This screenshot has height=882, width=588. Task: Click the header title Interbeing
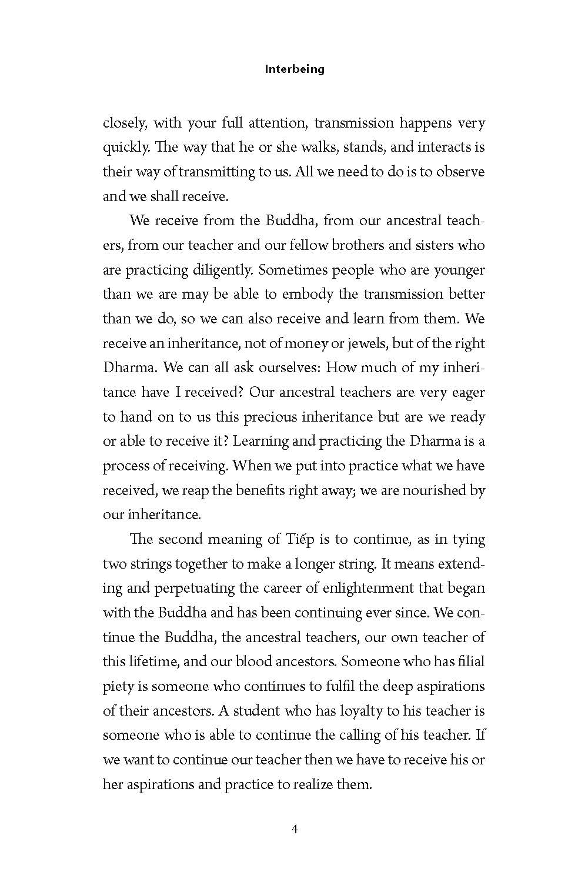point(294,69)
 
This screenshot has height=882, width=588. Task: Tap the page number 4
point(295,830)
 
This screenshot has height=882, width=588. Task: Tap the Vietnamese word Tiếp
point(284,539)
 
